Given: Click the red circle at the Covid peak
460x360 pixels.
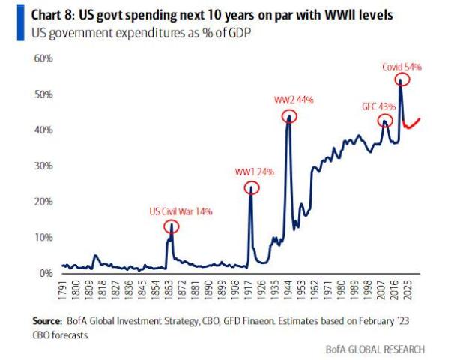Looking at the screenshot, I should (x=403, y=79).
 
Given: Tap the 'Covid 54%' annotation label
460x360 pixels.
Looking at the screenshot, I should (x=402, y=67).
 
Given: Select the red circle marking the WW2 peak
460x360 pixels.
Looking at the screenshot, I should (x=289, y=116).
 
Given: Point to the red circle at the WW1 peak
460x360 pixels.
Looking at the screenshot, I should (x=251, y=187).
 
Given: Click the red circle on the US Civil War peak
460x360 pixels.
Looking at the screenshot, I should (x=172, y=227).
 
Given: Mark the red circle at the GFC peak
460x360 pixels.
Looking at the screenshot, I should (x=385, y=120).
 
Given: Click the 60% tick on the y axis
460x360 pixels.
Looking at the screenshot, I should (x=41, y=58).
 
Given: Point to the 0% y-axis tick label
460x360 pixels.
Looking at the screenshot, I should (x=44, y=273).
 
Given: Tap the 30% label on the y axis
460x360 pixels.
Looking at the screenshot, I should (x=41, y=166).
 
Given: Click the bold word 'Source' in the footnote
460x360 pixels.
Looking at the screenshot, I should (x=48, y=320).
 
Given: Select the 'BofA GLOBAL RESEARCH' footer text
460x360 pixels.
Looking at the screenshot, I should (x=375, y=349).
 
